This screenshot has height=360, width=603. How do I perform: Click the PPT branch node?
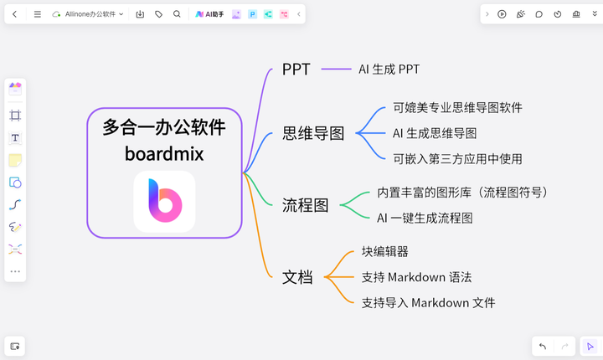(x=296, y=69)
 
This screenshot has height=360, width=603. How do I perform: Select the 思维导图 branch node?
(x=313, y=133)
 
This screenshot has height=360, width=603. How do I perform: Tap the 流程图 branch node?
(x=306, y=205)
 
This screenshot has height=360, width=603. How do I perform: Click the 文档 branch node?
(x=297, y=277)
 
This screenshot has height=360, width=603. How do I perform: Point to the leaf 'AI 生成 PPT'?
(x=389, y=69)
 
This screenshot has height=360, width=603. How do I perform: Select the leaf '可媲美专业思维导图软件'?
(x=457, y=108)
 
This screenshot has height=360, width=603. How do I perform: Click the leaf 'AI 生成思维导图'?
(x=435, y=133)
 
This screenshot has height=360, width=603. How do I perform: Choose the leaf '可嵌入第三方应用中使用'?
(x=457, y=159)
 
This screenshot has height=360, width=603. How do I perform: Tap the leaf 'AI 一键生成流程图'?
(x=425, y=218)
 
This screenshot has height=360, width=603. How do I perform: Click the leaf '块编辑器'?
(x=384, y=251)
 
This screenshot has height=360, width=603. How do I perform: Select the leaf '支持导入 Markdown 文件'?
(x=428, y=303)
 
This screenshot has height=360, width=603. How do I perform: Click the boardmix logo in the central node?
(x=165, y=202)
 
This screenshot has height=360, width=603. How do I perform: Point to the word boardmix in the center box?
(x=164, y=153)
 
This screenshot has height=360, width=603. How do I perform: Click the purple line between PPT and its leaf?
(x=336, y=69)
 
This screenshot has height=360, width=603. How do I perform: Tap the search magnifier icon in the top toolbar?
(x=177, y=14)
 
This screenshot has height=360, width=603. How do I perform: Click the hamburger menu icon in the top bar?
(x=38, y=14)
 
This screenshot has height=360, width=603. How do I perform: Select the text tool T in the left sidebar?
(x=15, y=137)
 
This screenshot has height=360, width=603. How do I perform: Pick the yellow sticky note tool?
(x=15, y=160)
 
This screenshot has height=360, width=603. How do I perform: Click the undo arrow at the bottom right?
(x=543, y=346)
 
